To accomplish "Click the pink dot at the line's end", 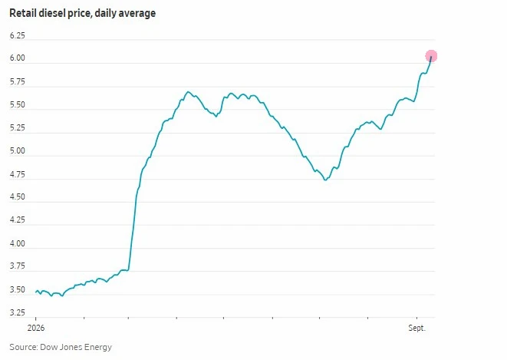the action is [x=431, y=56].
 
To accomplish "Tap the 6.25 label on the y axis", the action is [x=18, y=35].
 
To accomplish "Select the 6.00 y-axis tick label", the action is [x=18, y=58].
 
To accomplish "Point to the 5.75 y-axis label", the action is [x=18, y=82].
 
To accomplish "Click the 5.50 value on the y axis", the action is [x=18, y=105].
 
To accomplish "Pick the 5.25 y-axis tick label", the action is [x=18, y=127].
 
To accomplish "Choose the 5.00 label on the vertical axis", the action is [x=18, y=151].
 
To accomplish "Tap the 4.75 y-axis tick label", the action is [x=18, y=175].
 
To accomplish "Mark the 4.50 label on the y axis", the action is [x=18, y=197].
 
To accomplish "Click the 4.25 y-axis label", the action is [x=18, y=220].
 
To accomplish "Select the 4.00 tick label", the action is [x=18, y=243].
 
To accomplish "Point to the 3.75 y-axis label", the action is [x=18, y=266].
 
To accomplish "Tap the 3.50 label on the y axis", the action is [x=18, y=290].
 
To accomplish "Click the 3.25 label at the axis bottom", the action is [x=18, y=312].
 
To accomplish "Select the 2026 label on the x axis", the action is [x=36, y=328].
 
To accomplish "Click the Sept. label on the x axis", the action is [x=417, y=329].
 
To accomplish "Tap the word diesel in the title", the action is [x=57, y=13].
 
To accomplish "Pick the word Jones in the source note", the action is [x=71, y=347].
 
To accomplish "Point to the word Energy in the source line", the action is [x=98, y=348].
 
